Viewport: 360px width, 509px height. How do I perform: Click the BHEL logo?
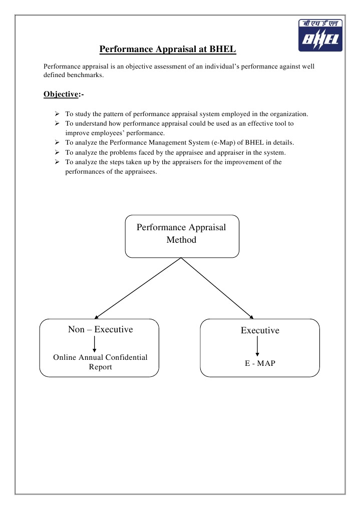pyautogui.click(x=320, y=36)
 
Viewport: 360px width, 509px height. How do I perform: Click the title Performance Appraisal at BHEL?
pyautogui.click(x=167, y=49)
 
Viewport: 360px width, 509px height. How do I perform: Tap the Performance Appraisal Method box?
pyautogui.click(x=181, y=236)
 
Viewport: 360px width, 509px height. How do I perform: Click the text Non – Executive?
pyautogui.click(x=100, y=329)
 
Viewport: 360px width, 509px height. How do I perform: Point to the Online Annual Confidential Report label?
pyautogui.click(x=100, y=362)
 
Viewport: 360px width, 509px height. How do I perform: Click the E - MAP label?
pyautogui.click(x=260, y=363)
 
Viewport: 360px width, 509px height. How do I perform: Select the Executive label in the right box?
pyautogui.click(x=260, y=330)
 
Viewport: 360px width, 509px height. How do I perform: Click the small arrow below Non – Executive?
pyautogui.click(x=94, y=344)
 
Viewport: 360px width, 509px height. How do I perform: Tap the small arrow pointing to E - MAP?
pyautogui.click(x=257, y=346)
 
